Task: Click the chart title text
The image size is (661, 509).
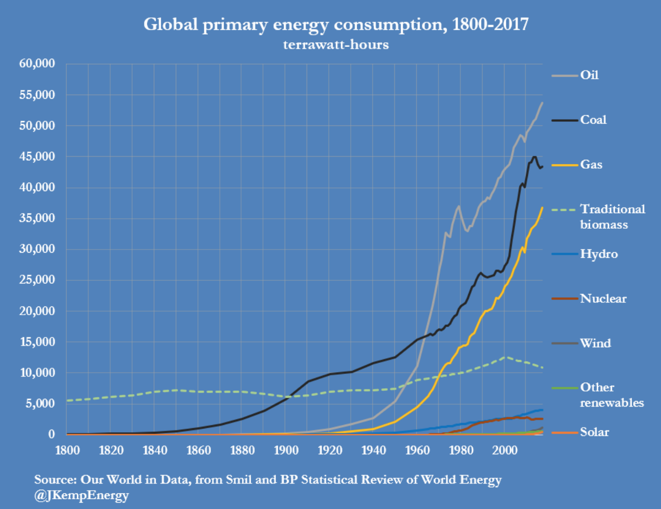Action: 336,24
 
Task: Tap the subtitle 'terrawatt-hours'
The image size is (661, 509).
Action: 336,45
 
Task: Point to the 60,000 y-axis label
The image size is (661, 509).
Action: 37,63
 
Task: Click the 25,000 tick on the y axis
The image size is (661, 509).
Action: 37,280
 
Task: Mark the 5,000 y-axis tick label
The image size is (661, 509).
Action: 40,403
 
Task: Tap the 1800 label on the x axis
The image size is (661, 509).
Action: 67,450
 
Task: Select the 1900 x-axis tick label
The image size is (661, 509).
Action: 286,450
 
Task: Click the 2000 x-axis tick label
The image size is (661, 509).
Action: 505,450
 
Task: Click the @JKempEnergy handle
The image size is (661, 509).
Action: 81,495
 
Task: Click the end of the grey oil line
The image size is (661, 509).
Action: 542,103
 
